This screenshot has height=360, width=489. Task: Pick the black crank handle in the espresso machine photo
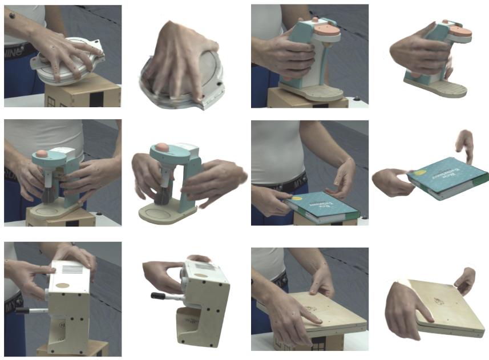[32, 310]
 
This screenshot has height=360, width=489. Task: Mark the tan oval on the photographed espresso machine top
[64, 284]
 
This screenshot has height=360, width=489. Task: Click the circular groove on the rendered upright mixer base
[160, 216]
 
